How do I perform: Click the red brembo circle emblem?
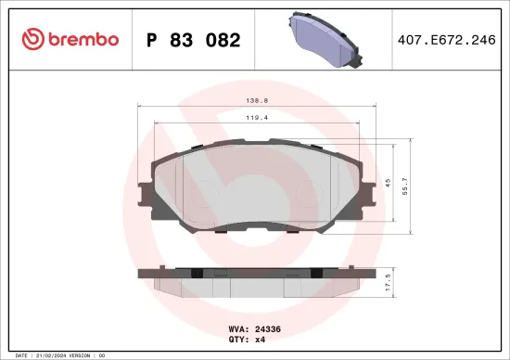tap(32, 40)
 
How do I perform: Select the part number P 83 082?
tap(193, 40)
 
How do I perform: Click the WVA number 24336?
tap(267, 328)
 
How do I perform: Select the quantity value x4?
tap(260, 339)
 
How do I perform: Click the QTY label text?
tap(237, 339)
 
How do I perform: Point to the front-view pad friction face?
tap(259, 186)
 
